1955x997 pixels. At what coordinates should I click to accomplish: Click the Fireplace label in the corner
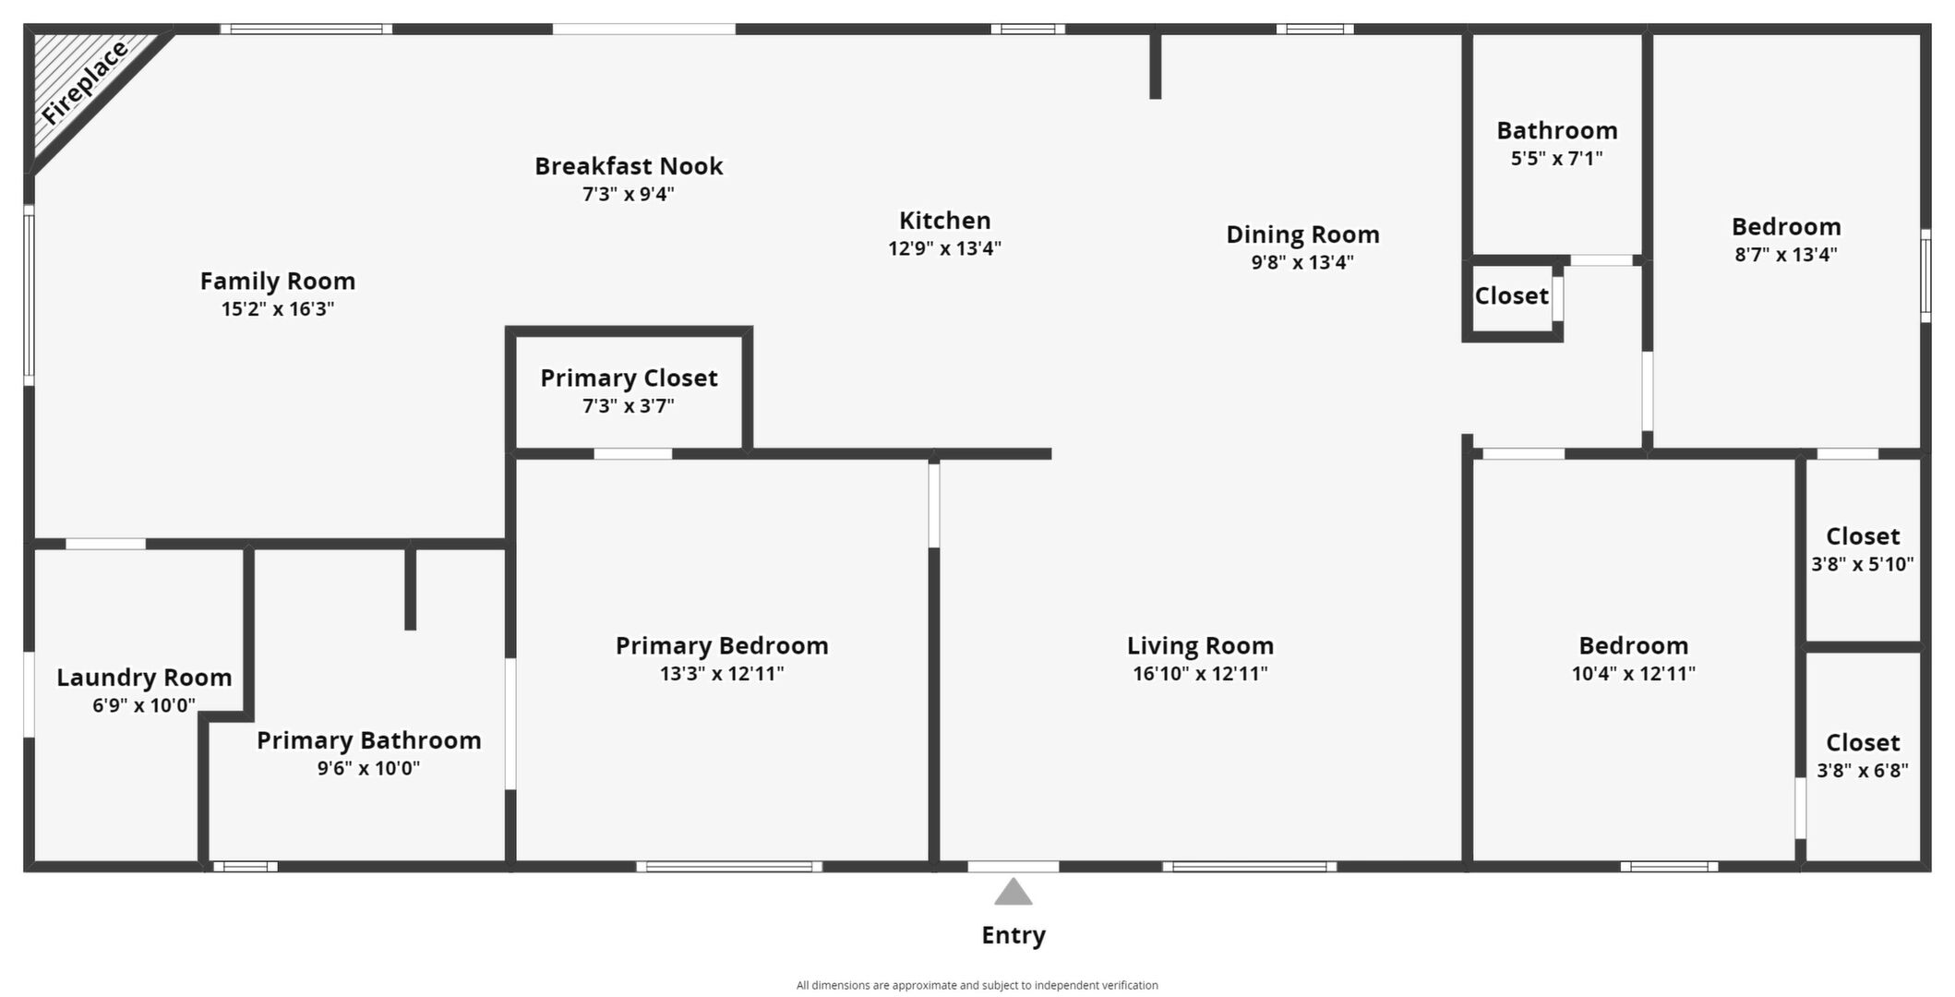pos(84,83)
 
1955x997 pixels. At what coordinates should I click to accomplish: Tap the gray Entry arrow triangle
pos(1013,892)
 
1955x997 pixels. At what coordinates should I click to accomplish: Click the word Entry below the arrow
pos(1013,935)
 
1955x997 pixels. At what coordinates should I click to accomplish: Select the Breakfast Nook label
pos(629,166)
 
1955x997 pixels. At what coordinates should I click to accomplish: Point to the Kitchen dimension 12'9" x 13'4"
pos(944,248)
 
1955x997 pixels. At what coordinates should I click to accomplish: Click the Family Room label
pos(278,281)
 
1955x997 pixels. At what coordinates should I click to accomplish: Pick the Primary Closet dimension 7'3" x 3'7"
pos(629,406)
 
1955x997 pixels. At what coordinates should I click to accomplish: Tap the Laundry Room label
pos(144,678)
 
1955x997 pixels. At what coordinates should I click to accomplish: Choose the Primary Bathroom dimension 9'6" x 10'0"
pos(368,768)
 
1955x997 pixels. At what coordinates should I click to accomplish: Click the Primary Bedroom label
pos(722,645)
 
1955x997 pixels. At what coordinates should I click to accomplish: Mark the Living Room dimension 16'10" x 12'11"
pos(1200,674)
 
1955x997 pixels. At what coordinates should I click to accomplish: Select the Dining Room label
pos(1302,234)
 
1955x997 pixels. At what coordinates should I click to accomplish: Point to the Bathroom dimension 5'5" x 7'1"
pos(1556,159)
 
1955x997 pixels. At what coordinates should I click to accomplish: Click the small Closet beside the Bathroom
pos(1511,295)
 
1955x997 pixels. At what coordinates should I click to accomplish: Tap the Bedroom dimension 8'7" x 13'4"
pos(1786,255)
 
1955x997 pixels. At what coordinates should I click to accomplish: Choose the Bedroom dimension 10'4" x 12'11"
pos(1634,674)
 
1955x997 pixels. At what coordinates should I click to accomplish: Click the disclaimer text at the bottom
pos(977,985)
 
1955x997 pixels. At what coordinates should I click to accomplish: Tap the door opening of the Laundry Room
pos(105,544)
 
